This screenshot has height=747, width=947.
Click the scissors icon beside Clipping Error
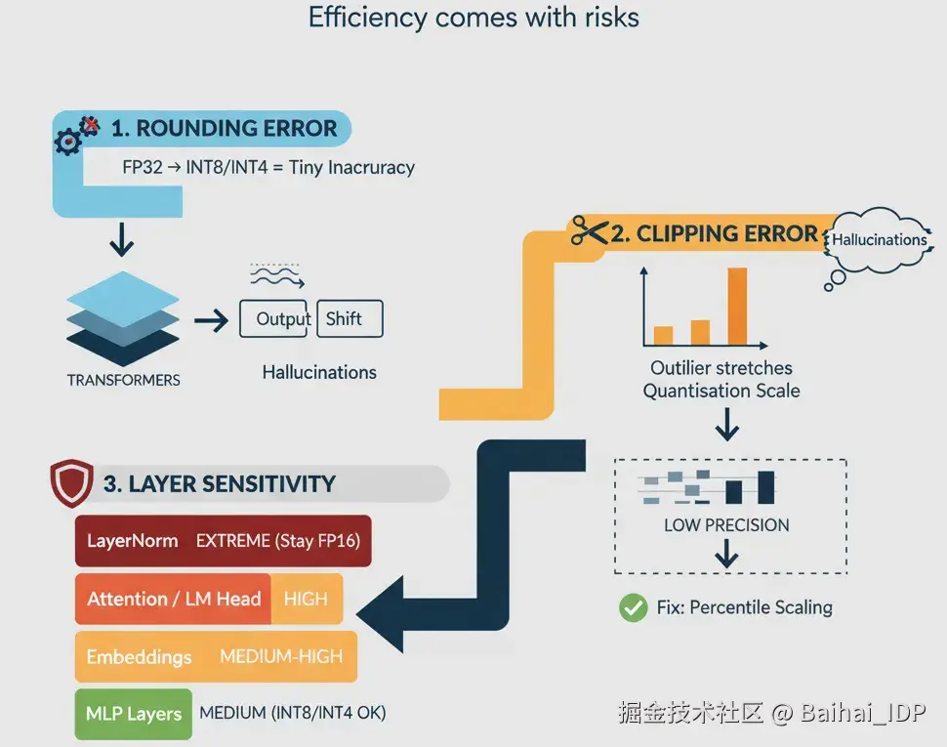(x=589, y=231)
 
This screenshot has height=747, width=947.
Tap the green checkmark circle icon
(x=633, y=607)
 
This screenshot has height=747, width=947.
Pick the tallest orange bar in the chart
(x=737, y=306)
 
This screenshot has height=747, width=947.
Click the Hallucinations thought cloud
(x=878, y=240)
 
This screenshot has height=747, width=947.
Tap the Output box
(x=276, y=319)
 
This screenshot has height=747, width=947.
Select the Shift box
(x=349, y=319)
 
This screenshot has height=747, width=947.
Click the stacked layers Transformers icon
(x=123, y=313)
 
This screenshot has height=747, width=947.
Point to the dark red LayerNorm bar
(x=223, y=541)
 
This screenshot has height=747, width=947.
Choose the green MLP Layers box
(x=133, y=713)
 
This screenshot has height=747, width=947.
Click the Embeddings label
(x=139, y=656)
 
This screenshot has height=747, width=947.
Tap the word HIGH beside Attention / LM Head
(x=306, y=599)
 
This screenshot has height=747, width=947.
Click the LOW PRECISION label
(x=726, y=524)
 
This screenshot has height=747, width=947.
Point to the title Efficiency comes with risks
(x=473, y=18)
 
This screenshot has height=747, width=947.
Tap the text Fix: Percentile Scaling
(x=744, y=607)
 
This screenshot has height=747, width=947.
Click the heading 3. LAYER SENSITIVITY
(x=219, y=484)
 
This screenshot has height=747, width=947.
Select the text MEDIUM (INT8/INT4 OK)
(x=292, y=713)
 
